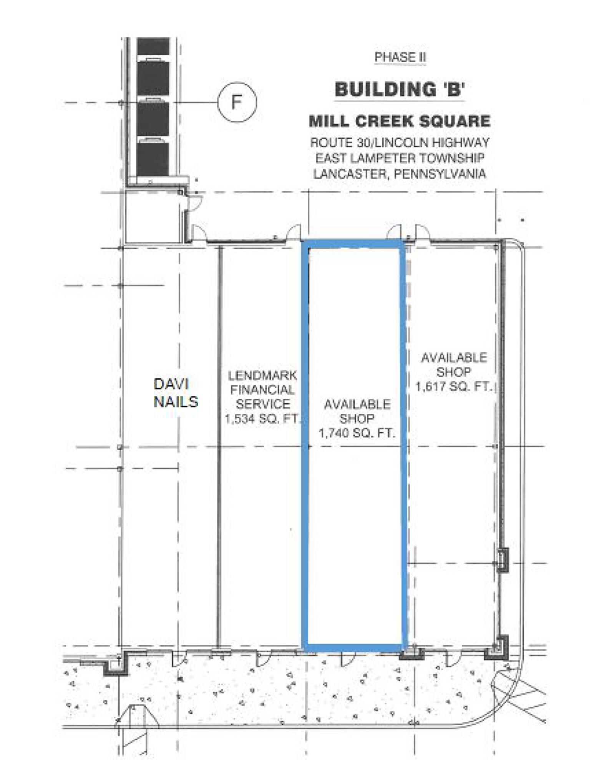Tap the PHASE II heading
(x=400, y=57)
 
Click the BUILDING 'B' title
(x=400, y=90)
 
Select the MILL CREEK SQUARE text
(x=400, y=122)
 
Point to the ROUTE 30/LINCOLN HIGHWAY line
(x=400, y=143)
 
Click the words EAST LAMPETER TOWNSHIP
(x=400, y=158)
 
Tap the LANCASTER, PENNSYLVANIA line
(x=400, y=173)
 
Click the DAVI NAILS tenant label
(x=176, y=393)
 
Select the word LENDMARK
(x=262, y=375)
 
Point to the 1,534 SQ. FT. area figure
(x=262, y=418)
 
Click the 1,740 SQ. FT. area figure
(x=357, y=433)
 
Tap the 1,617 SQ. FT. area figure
(x=454, y=386)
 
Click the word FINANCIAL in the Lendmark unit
(x=262, y=390)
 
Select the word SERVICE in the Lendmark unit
(x=263, y=404)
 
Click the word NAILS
(x=176, y=401)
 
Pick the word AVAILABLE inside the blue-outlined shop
(x=357, y=404)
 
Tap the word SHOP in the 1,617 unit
(x=454, y=372)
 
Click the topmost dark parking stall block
(x=153, y=47)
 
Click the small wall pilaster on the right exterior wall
(x=503, y=560)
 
